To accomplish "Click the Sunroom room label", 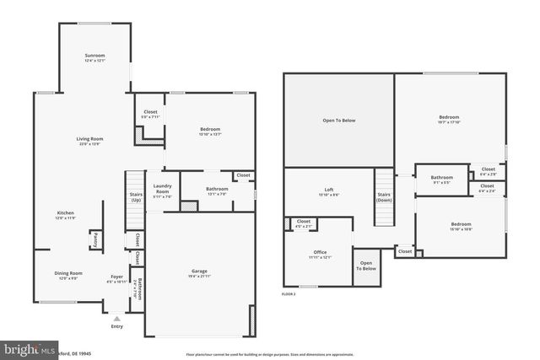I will pyautogui.click(x=94, y=56).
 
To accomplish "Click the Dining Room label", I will pyautogui.click(x=69, y=273).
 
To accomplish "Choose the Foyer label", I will pyautogui.click(x=116, y=277).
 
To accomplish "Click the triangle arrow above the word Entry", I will pyautogui.click(x=116, y=317).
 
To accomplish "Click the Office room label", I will pyautogui.click(x=319, y=252).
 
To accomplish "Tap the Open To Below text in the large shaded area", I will pyautogui.click(x=338, y=121).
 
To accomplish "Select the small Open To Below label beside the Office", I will pyautogui.click(x=366, y=266).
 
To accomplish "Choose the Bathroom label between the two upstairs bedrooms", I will pyautogui.click(x=441, y=177).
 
